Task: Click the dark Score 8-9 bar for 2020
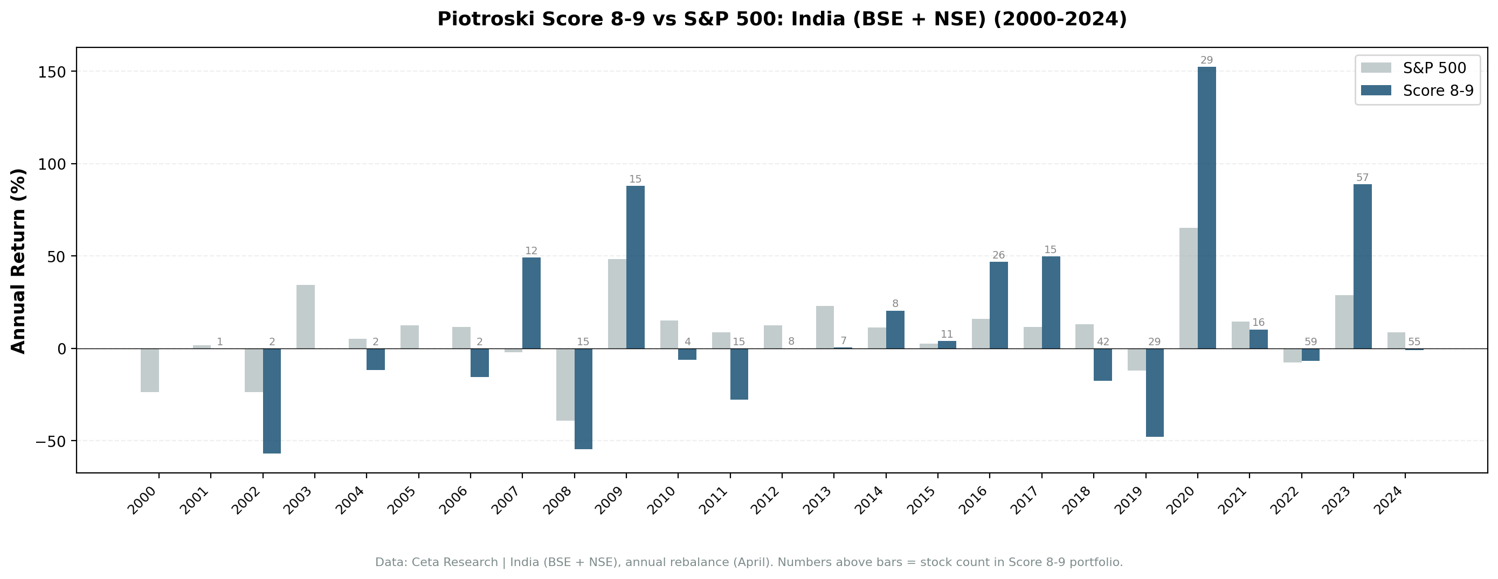1207,207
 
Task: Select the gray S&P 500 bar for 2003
305,317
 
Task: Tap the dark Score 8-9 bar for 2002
272,401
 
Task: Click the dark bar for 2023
1363,266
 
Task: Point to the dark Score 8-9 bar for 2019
1155,393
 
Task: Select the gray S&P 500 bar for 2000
149,371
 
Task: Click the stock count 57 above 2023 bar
1363,178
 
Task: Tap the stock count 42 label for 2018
1102,342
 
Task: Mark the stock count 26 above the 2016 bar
998,255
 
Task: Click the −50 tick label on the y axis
51,441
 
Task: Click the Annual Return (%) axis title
19,261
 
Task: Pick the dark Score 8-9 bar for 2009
635,267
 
